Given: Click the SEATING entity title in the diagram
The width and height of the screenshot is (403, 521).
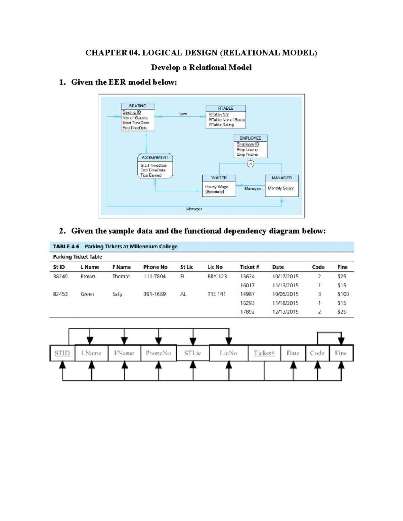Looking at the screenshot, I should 138,106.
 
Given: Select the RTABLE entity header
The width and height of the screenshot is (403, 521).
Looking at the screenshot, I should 226,108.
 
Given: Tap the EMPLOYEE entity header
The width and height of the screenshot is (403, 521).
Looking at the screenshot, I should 251,138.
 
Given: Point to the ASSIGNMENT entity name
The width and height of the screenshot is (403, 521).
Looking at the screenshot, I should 155,157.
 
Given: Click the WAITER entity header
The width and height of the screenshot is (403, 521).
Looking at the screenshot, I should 219,178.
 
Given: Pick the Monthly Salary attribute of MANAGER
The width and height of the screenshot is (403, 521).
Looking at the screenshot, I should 281,188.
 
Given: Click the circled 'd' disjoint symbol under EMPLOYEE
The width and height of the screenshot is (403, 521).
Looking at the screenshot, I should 251,164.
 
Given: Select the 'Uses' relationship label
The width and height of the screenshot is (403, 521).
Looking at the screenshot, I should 183,114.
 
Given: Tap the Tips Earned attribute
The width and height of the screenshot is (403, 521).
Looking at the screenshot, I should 151,175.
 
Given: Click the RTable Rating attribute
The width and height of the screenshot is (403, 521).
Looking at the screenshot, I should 221,124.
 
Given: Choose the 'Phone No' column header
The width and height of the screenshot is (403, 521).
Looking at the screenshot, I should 155,267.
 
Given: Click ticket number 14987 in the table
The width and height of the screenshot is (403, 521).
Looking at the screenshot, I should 247,294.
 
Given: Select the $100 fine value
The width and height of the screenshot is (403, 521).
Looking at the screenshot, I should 343,294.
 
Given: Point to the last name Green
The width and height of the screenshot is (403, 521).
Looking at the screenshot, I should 87,294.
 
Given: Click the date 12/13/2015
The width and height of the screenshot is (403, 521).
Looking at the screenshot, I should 285,312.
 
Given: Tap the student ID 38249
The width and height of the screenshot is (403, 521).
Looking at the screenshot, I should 60,276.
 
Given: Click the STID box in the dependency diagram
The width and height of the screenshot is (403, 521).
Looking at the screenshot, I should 62,353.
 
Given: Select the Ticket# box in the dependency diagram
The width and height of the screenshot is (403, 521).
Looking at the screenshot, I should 264,353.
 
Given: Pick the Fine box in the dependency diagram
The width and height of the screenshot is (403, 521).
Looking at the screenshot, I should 341,353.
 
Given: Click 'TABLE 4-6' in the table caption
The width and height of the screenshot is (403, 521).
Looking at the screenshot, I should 66,247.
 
